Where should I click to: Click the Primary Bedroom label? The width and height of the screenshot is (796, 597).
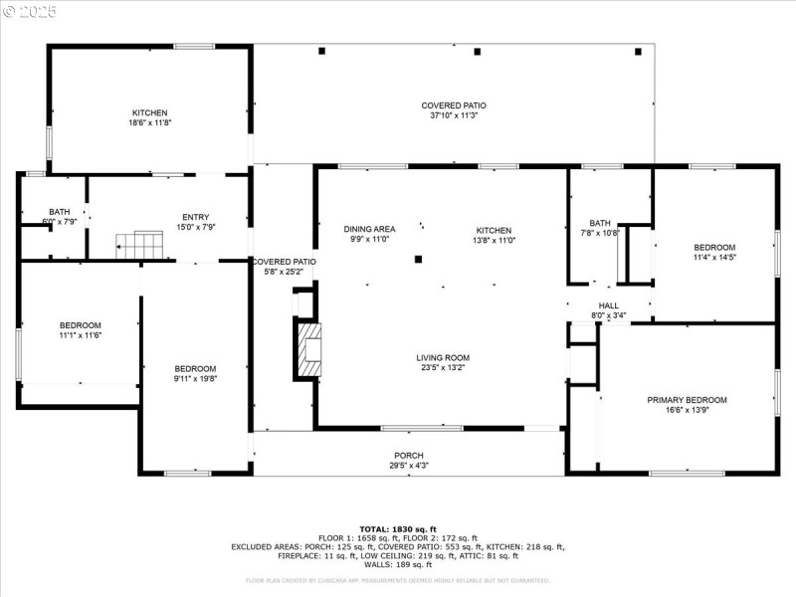[x=687, y=400]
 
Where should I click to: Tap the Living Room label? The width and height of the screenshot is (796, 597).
[x=443, y=358]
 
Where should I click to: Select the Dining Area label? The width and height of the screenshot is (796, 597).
[x=369, y=229]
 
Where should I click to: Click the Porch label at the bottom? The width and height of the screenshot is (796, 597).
[x=409, y=456]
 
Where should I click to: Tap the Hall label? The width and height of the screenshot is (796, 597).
[x=609, y=306]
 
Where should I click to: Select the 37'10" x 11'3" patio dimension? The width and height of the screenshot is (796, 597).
[x=453, y=115]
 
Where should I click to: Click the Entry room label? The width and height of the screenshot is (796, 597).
[x=195, y=217]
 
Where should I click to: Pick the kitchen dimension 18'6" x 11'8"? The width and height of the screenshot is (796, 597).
[x=150, y=122]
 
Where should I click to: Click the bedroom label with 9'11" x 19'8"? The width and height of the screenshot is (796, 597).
[x=195, y=369]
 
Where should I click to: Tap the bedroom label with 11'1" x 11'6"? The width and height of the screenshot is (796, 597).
[x=80, y=325]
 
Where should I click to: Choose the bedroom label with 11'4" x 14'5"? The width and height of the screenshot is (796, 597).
[x=714, y=248]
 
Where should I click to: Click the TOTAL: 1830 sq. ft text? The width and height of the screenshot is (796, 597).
[x=398, y=529]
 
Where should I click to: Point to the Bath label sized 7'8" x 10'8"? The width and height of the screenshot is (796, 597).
[x=599, y=224]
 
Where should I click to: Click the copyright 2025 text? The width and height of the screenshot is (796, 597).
[x=30, y=11]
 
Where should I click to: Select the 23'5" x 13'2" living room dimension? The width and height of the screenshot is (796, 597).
[x=443, y=368]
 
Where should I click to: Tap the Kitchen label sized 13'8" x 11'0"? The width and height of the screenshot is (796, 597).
[x=493, y=230]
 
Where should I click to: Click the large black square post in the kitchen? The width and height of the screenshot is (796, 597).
[x=419, y=260]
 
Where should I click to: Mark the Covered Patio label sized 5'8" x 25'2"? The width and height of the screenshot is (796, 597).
[x=284, y=262]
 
